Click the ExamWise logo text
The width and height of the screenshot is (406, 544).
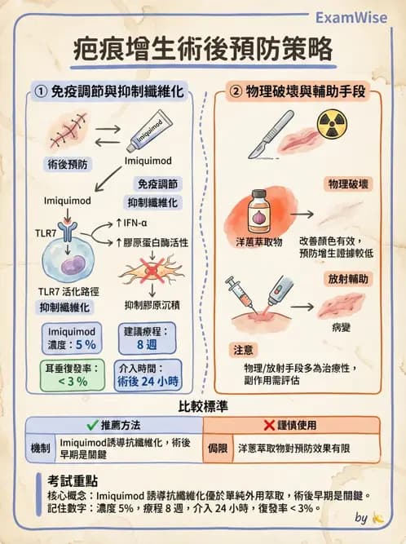[351, 18]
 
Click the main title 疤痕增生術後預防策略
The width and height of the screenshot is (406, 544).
[202, 50]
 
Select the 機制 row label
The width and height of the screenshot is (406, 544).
[39, 448]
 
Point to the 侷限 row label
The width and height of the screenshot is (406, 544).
[217, 448]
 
